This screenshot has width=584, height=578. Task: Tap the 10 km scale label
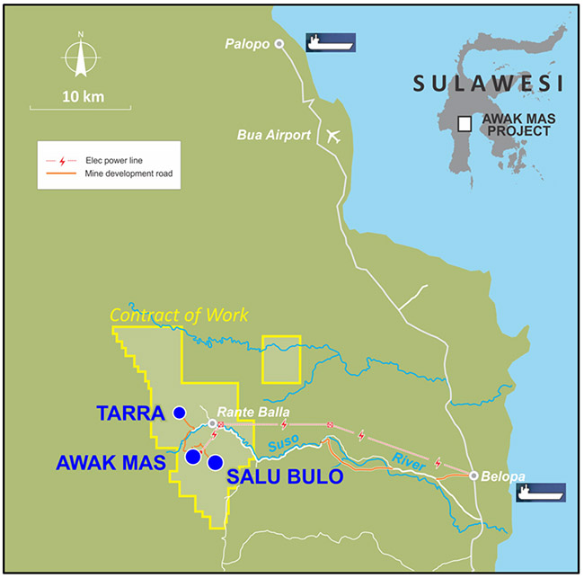(81, 95)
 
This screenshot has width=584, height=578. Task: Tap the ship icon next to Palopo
(331, 42)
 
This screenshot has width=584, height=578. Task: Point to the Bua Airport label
(273, 136)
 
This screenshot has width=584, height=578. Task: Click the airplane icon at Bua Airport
(335, 136)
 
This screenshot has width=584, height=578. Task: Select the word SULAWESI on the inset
(487, 84)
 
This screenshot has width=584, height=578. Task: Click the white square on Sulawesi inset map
(465, 125)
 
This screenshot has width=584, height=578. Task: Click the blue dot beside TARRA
(179, 413)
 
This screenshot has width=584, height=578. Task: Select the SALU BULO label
(285, 476)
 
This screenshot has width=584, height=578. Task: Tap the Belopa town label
(503, 476)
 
